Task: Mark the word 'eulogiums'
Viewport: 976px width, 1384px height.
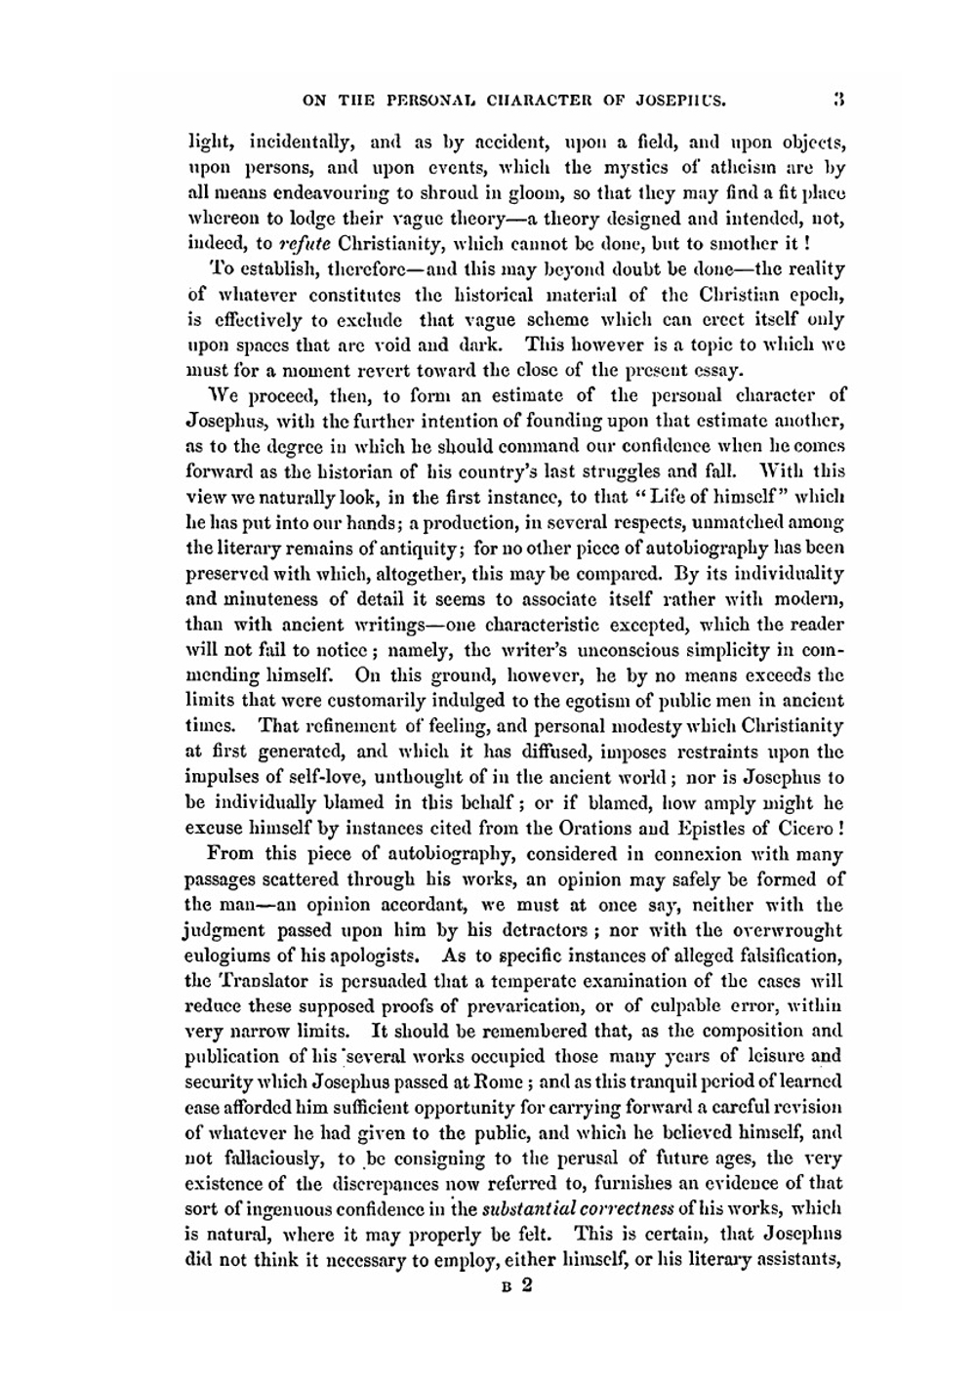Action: coord(230,956)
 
